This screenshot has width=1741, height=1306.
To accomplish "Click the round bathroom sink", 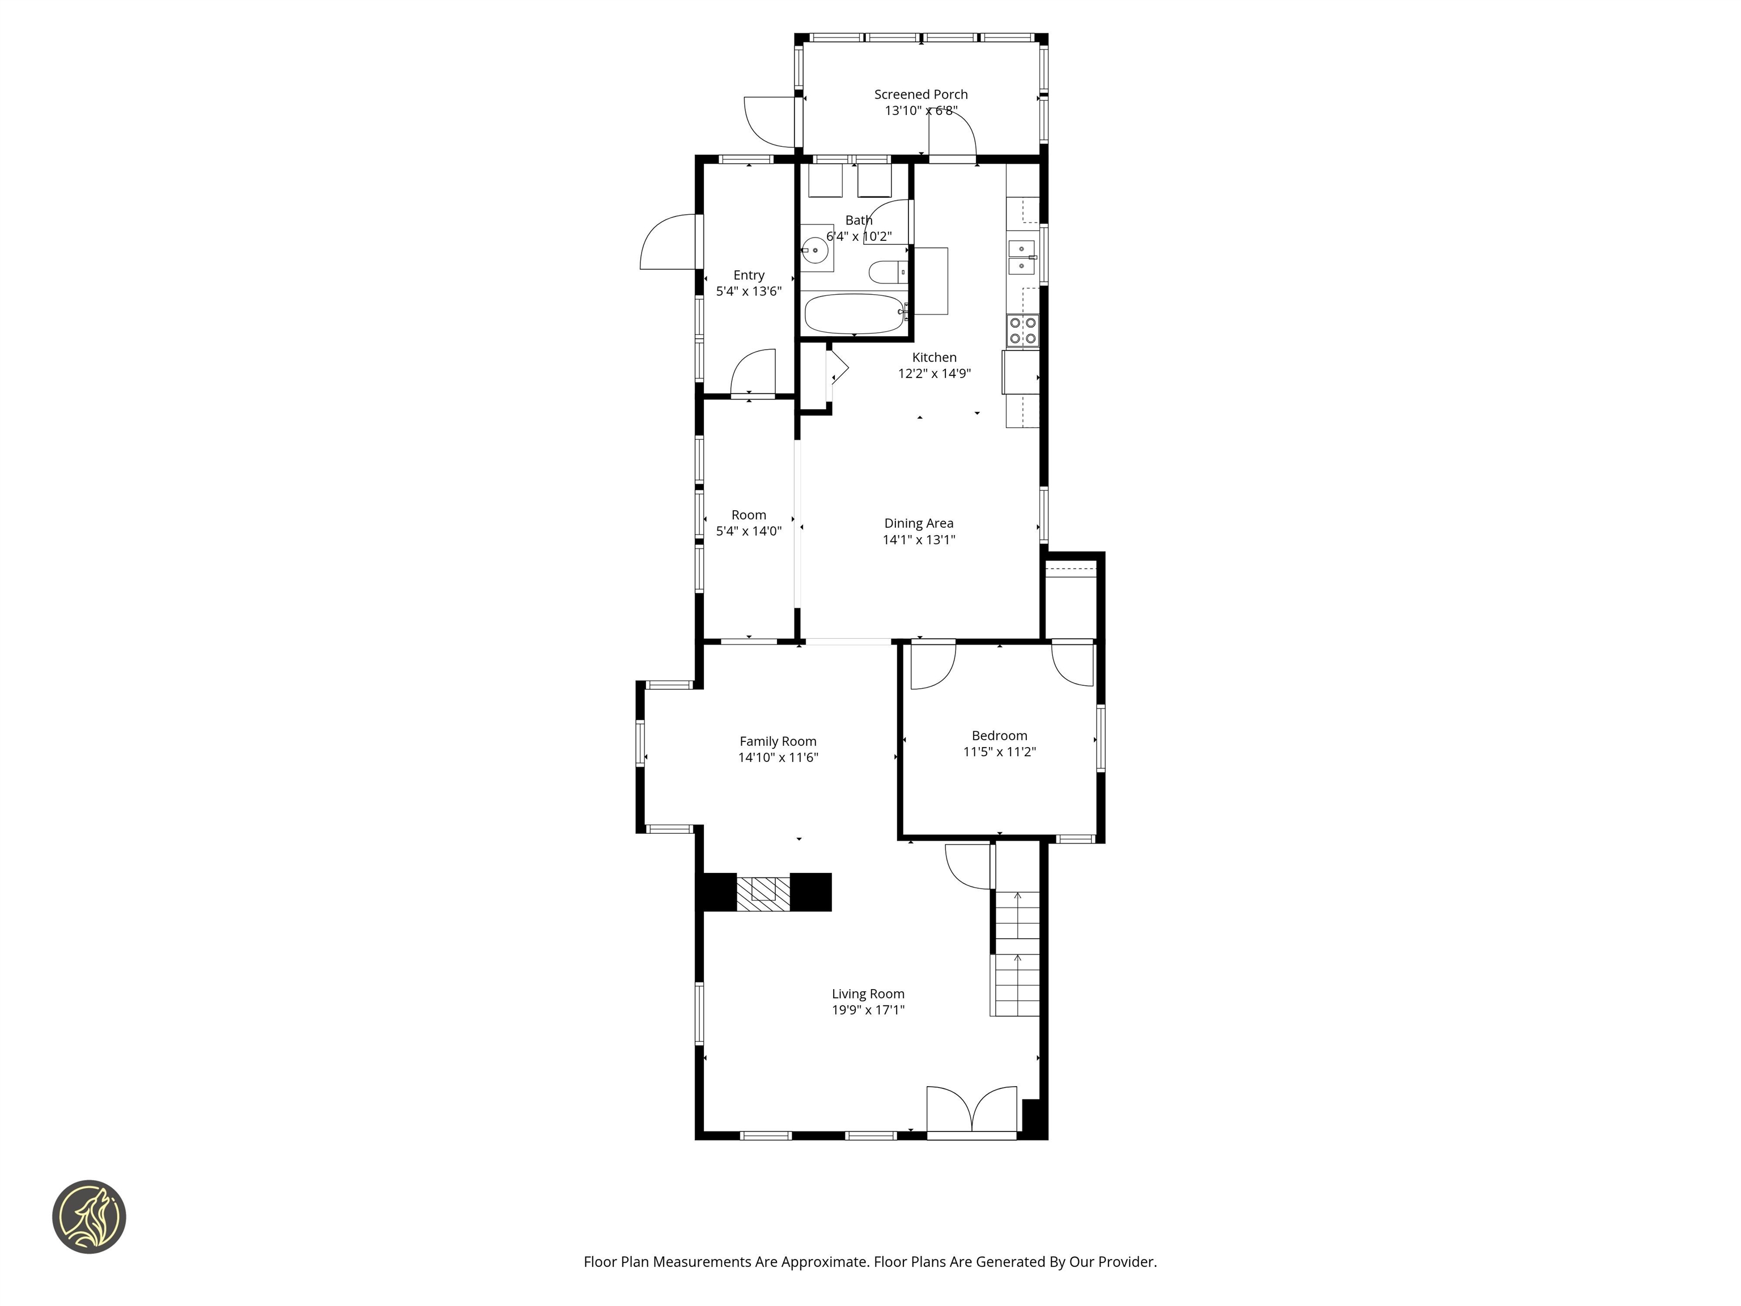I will pyautogui.click(x=816, y=251).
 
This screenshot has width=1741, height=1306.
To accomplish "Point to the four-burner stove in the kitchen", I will pyautogui.click(x=1022, y=330).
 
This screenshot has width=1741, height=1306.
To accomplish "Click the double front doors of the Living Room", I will pyautogui.click(x=972, y=1111).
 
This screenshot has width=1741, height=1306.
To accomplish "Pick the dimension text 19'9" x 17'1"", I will pyautogui.click(x=868, y=1010).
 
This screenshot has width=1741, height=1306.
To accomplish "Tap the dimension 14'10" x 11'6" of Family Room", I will pyautogui.click(x=778, y=757).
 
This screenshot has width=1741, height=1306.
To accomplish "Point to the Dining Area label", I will pyautogui.click(x=919, y=523).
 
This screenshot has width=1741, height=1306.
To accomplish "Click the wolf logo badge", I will pyautogui.click(x=89, y=1216).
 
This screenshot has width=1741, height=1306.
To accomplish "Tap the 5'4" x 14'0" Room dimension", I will pyautogui.click(x=749, y=531).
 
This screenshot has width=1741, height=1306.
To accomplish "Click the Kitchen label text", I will pyautogui.click(x=934, y=358).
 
